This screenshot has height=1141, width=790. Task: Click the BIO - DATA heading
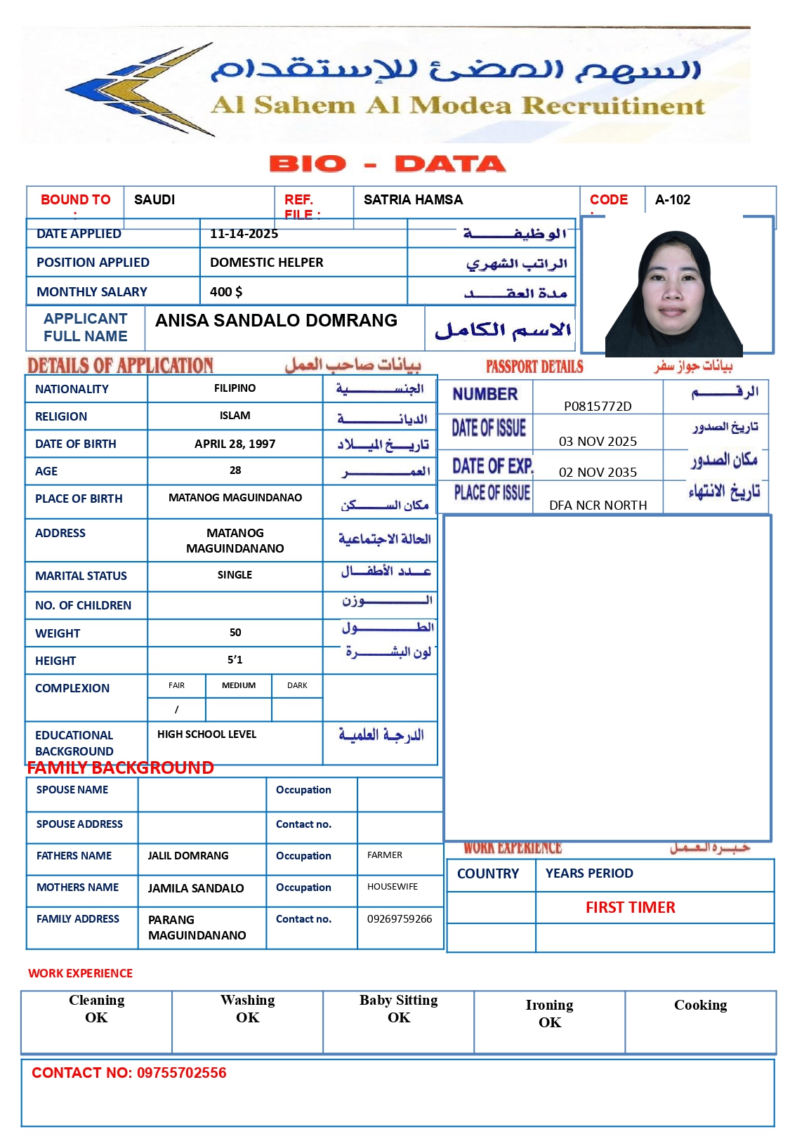tap(387, 164)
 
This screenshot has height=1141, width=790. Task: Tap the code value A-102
tap(672, 200)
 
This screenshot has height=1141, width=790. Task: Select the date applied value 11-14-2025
tap(244, 234)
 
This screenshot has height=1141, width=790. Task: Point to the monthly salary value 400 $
tap(225, 292)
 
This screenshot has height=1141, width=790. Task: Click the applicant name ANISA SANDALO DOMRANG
tap(276, 321)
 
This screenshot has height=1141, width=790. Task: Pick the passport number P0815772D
tap(598, 407)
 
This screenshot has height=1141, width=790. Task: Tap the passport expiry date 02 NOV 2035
tap(598, 473)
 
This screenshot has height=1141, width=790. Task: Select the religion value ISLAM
tap(235, 416)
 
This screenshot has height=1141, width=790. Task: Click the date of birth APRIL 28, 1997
tap(235, 444)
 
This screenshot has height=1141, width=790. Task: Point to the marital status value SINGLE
tap(235, 575)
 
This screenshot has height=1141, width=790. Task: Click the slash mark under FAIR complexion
tap(176, 710)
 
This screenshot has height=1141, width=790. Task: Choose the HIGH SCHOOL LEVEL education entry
tap(206, 734)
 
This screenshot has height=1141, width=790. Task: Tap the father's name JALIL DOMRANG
tap(187, 856)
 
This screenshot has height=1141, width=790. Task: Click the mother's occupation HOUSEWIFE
tap(392, 887)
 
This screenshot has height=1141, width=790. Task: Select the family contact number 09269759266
tap(399, 919)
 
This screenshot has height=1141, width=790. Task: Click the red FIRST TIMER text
tap(630, 908)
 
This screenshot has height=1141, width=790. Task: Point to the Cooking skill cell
tap(700, 1005)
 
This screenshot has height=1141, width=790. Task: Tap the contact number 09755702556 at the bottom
tap(181, 1073)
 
